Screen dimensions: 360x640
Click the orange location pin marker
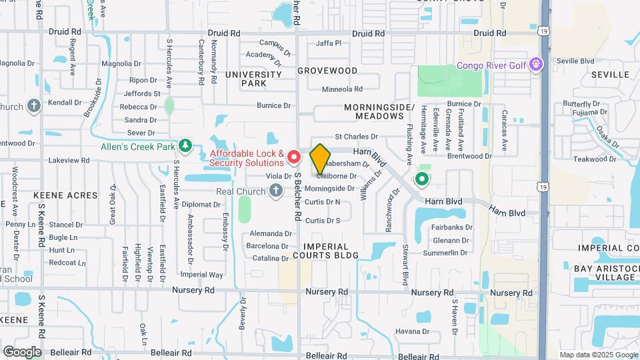pos(321,158)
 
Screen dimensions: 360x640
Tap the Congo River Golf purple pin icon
pos(537,65)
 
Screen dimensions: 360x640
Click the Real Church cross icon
pos(276,192)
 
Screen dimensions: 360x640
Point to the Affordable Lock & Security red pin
pos(293,158)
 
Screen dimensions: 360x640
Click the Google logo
pos(22,352)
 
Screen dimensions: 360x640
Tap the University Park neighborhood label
pos(253,79)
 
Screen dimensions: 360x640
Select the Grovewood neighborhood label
pos(327,70)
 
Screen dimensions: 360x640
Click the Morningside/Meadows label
pos(379,111)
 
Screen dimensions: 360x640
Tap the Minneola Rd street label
pos(342,89)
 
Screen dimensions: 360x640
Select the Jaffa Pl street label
pos(329,43)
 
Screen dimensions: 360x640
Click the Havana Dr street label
pos(410,331)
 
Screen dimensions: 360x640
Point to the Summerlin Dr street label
pos(450,253)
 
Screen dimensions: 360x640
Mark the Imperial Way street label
pos(201,275)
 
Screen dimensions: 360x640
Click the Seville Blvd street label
pos(575,61)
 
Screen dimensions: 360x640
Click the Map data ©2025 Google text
pos(598,355)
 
